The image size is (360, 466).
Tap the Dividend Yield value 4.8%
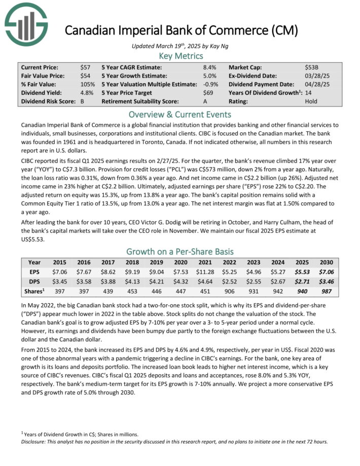tap(86, 93)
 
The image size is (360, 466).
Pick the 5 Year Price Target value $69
tap(207, 93)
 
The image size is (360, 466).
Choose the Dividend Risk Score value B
tap(82, 101)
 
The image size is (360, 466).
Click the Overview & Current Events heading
tap(179, 114)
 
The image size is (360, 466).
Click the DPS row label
tap(34, 281)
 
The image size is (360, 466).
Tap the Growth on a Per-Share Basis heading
tap(179, 252)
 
